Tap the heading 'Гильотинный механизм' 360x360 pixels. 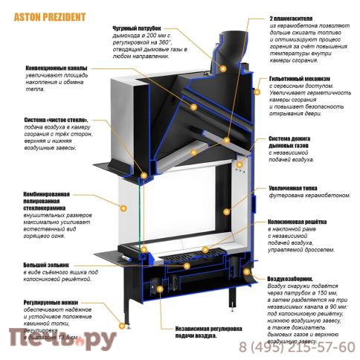tap(299, 77)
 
